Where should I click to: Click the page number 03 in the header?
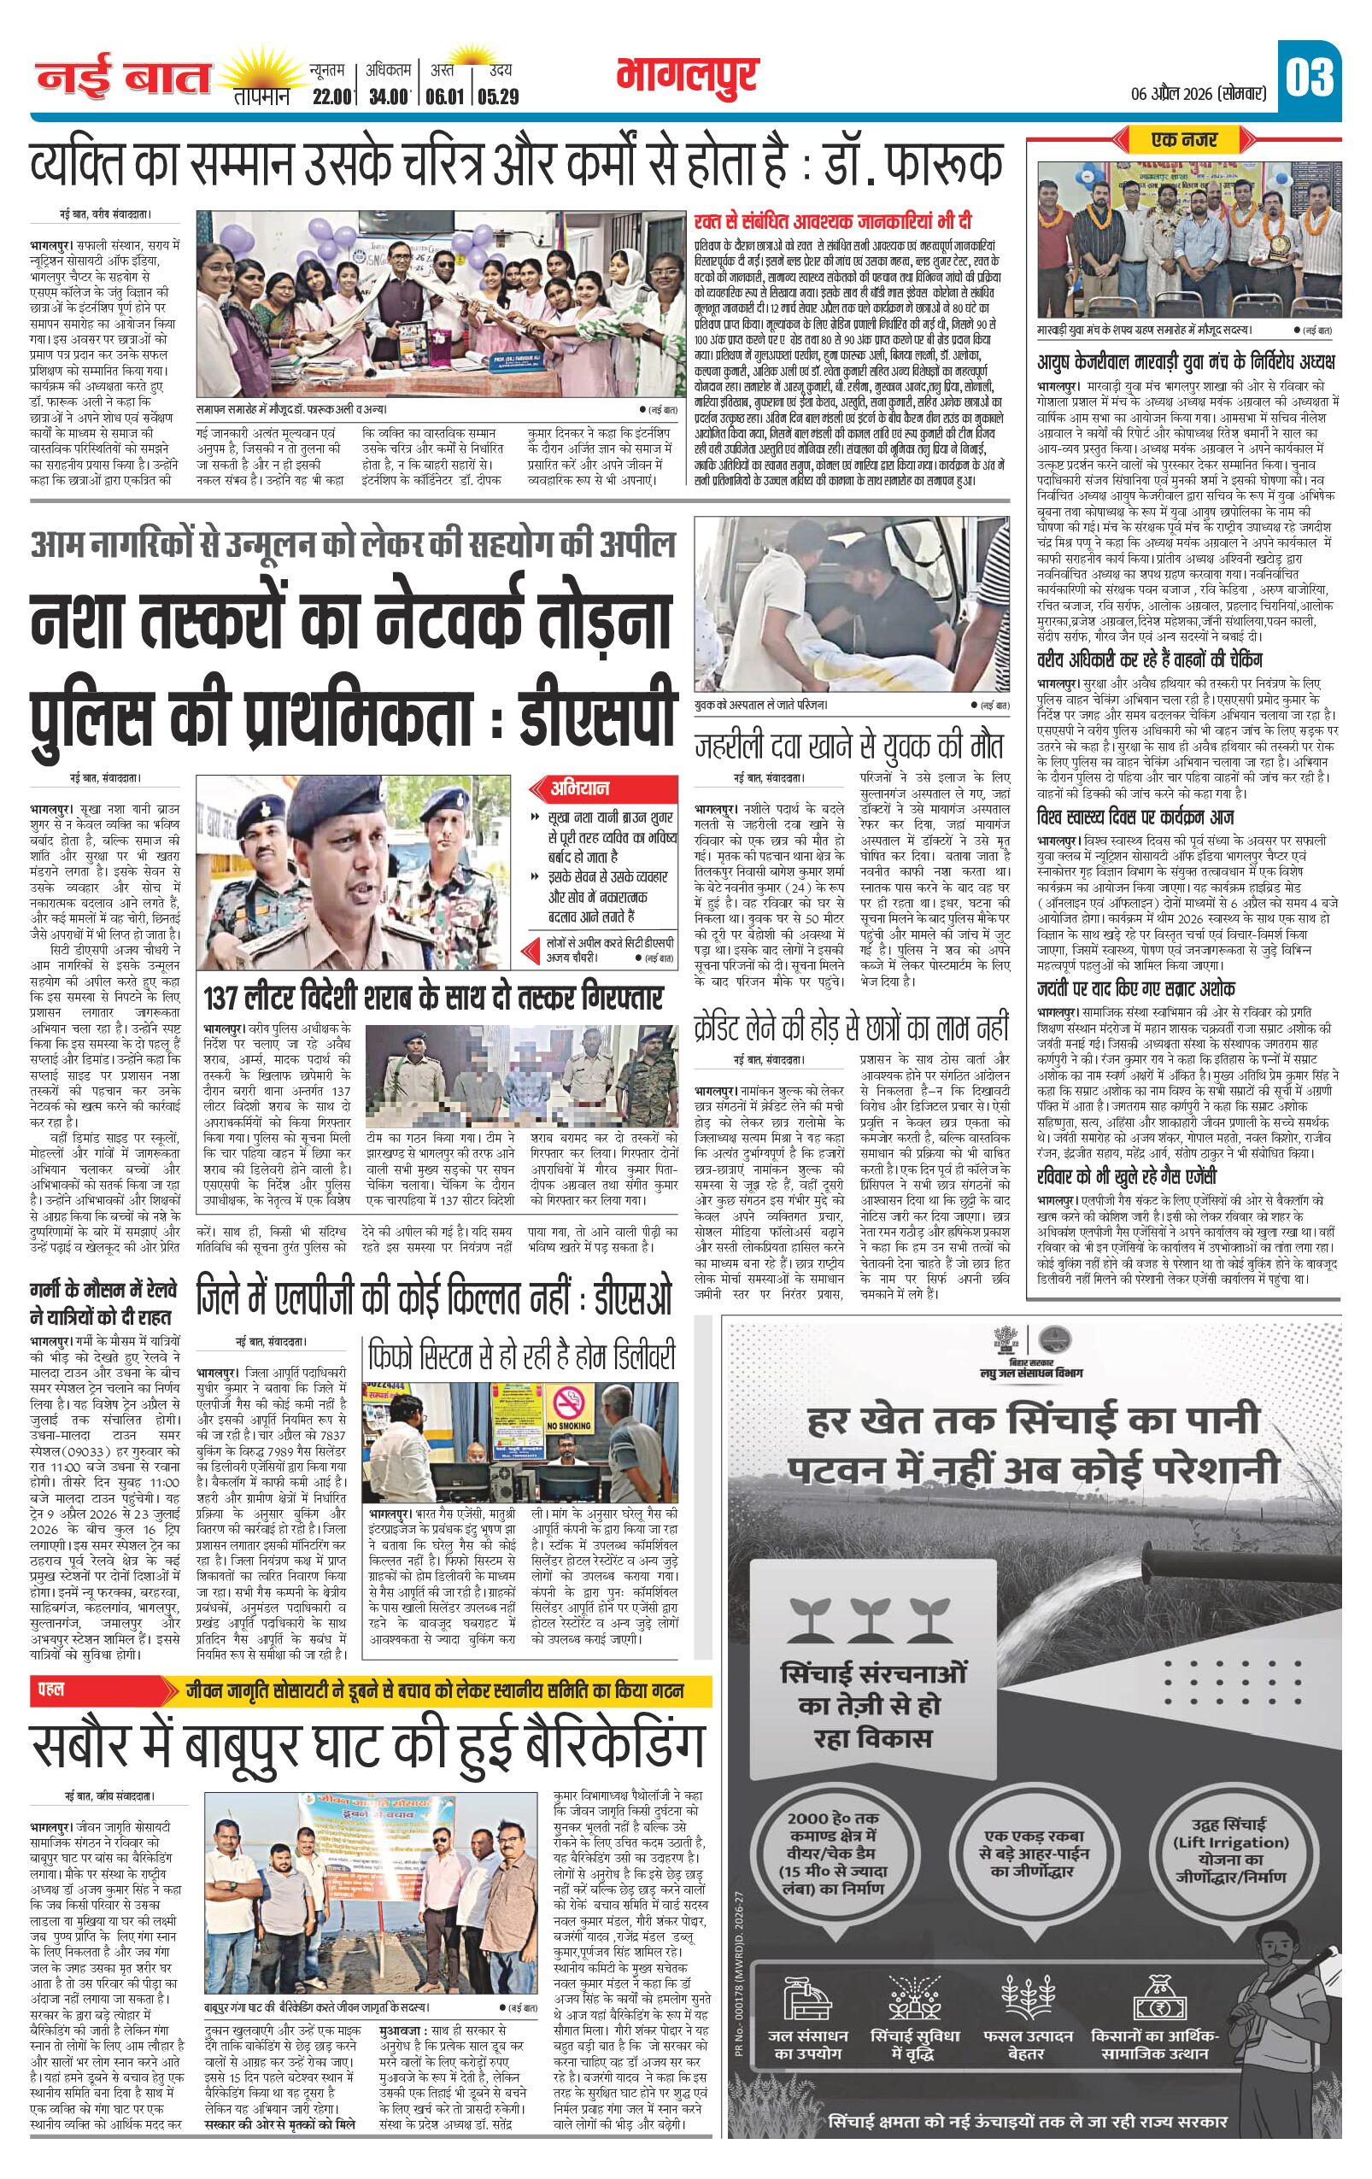click(1310, 77)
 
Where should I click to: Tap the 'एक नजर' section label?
click(1184, 139)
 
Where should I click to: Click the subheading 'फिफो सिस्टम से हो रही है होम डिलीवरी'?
click(521, 1357)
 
